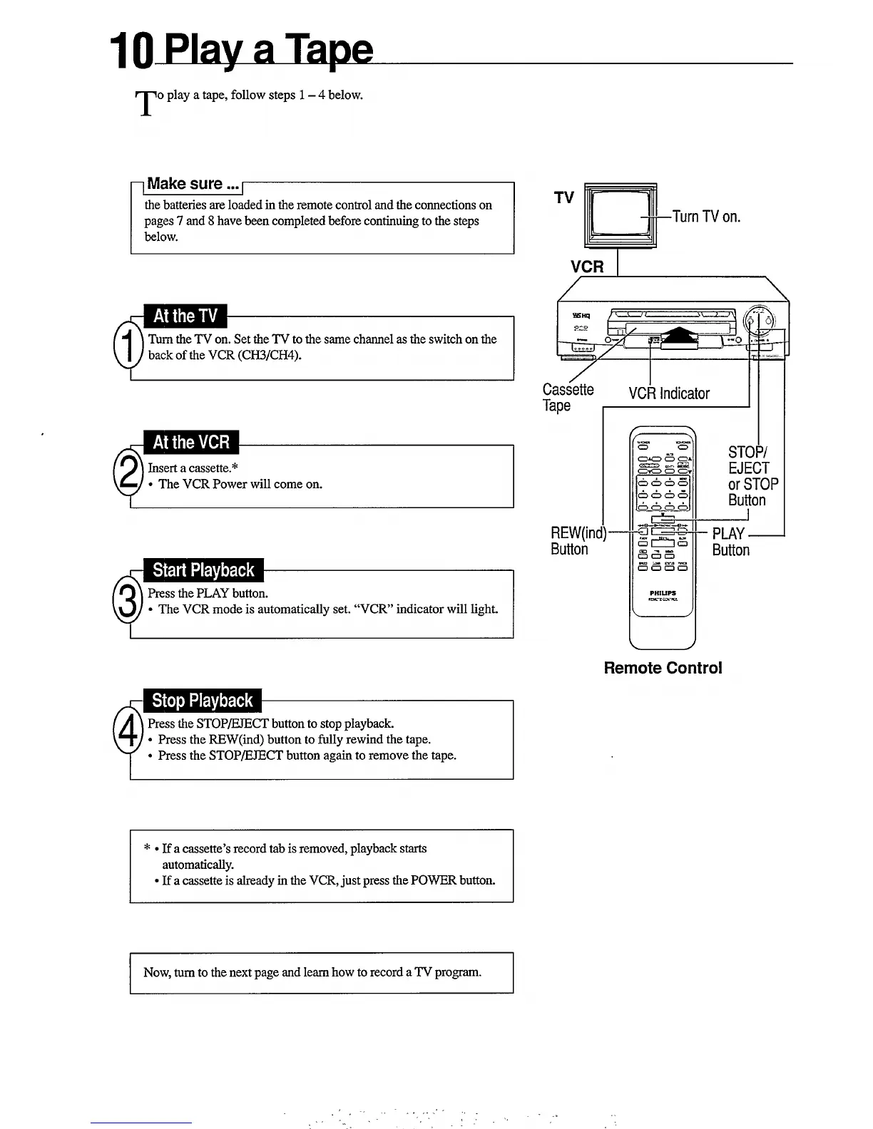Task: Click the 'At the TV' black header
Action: (185, 316)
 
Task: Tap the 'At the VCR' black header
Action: (191, 443)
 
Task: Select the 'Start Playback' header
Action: (203, 570)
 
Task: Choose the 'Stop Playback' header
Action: (203, 701)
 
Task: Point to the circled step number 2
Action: (128, 473)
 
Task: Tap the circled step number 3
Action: (128, 601)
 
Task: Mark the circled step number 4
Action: (128, 731)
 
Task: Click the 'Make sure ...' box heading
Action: (193, 184)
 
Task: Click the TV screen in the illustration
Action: (619, 212)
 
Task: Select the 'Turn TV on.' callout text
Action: (706, 217)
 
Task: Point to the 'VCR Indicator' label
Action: (669, 393)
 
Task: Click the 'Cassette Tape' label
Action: (568, 397)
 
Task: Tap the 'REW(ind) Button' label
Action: (577, 541)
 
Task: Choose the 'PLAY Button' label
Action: (730, 542)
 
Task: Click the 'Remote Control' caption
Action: (663, 668)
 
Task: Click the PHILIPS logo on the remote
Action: (663, 593)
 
